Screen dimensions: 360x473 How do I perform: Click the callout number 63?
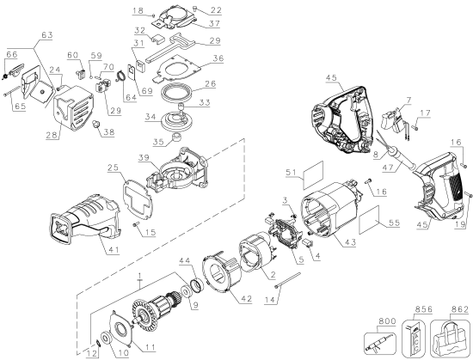(x=46, y=37)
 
